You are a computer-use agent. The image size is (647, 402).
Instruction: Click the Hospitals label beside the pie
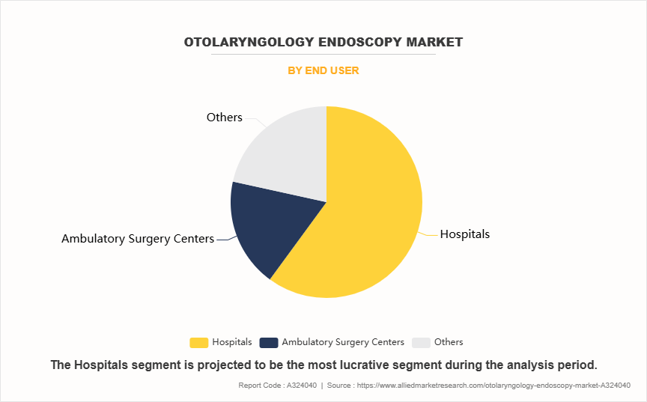(464, 234)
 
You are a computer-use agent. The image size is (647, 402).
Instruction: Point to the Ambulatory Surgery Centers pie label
(137, 239)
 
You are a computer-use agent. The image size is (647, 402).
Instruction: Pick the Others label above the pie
(224, 118)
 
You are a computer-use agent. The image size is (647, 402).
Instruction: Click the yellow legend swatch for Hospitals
(198, 342)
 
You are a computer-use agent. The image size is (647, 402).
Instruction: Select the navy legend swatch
(268, 342)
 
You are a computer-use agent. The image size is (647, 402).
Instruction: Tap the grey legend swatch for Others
(422, 342)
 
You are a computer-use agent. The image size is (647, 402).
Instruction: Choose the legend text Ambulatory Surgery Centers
(343, 342)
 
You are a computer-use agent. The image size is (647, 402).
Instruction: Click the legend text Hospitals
(232, 342)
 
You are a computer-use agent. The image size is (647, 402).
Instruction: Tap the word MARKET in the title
(436, 42)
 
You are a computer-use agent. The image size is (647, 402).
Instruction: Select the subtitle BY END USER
(323, 70)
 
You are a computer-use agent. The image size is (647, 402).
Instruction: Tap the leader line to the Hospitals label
(429, 234)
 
